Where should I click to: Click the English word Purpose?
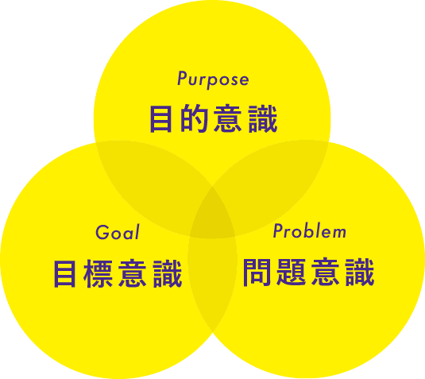213,79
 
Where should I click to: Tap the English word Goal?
118,232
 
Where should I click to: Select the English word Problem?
310,231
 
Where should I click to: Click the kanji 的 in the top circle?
194,118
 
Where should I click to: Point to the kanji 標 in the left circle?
98,273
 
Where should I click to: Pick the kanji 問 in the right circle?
257,272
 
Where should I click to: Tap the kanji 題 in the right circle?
291,272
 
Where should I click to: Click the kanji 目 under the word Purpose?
160,119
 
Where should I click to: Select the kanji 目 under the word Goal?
64,274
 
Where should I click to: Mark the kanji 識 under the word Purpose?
263,118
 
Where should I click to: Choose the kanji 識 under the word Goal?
168,273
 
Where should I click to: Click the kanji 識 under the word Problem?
360,272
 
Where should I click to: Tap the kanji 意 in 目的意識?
228,118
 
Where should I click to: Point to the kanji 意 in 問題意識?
325,272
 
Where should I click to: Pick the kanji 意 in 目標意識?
133,273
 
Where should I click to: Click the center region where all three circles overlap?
213,217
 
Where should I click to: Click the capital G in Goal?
102,232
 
